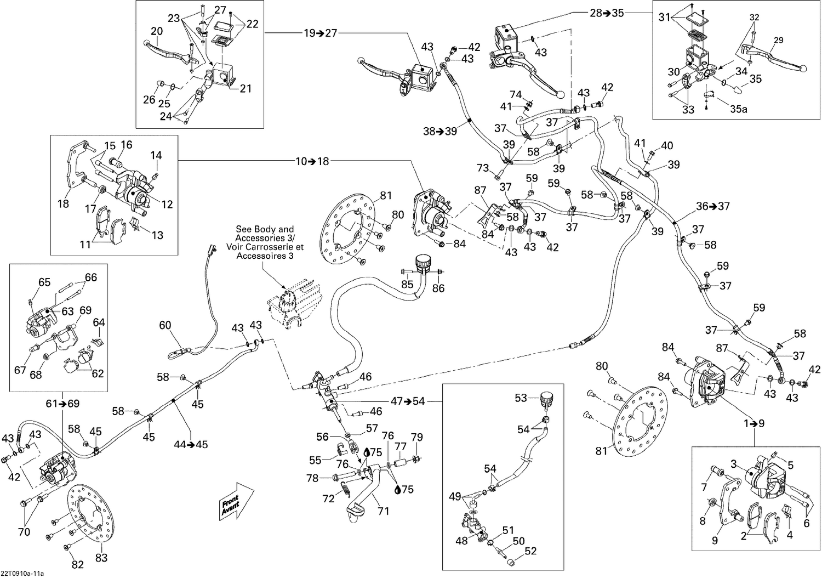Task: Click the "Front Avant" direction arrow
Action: click(236, 500)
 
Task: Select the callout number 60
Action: click(165, 326)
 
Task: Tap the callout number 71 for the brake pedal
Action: click(383, 511)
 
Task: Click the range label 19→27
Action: click(320, 33)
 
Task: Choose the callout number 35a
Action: click(738, 109)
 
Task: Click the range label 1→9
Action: click(754, 423)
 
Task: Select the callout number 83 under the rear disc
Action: click(101, 558)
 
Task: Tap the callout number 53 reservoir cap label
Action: click(521, 398)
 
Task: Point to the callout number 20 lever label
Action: click(157, 32)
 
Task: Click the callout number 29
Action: click(778, 41)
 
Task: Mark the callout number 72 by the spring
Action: click(328, 498)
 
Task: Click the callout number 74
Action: click(516, 94)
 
